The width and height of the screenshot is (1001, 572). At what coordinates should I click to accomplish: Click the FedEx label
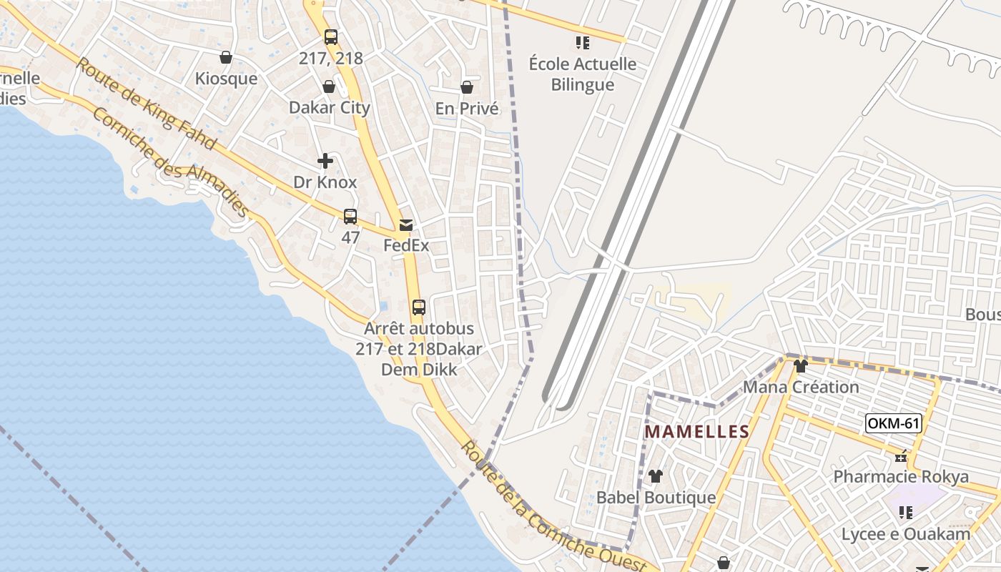406,245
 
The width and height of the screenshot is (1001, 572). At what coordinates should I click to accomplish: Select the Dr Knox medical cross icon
325,161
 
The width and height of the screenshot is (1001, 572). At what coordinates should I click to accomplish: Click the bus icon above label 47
350,217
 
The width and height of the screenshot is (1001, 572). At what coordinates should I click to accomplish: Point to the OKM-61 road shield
893,423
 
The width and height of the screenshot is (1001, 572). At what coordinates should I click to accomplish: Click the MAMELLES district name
697,432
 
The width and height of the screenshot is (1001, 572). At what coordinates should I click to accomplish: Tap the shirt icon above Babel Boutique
655,476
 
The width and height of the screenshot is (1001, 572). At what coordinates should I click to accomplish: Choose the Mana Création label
801,388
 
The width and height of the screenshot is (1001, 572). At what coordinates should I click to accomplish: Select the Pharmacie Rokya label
901,477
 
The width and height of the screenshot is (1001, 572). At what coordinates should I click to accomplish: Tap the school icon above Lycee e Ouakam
906,513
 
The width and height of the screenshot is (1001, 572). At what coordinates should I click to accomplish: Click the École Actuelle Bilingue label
583,74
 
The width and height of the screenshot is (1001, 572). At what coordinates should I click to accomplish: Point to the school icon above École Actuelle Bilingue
583,43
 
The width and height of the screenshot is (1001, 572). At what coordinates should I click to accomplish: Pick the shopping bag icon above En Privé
467,88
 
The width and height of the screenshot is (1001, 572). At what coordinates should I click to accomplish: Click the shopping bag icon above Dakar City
329,87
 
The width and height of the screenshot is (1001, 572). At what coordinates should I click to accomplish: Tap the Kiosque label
226,79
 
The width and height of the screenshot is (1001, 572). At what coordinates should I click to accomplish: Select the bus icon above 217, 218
331,37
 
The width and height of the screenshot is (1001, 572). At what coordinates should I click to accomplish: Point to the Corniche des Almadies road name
170,162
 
